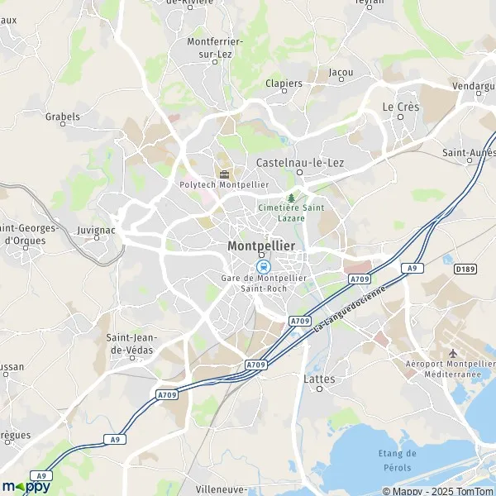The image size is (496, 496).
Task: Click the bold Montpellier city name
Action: click(x=260, y=246)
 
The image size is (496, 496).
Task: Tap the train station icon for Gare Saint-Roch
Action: click(x=263, y=266)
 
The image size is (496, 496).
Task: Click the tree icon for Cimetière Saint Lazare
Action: click(x=291, y=198)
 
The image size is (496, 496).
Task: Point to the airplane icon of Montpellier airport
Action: click(x=453, y=353)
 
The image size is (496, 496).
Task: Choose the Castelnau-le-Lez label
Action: click(x=300, y=163)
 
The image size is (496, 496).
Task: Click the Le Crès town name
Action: click(x=400, y=107)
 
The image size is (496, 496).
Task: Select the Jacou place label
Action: click(x=341, y=72)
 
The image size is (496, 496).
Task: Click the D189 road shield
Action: click(x=465, y=269)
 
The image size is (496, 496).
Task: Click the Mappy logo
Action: click(x=26, y=486)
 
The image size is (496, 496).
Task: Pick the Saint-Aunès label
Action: click(x=469, y=153)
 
